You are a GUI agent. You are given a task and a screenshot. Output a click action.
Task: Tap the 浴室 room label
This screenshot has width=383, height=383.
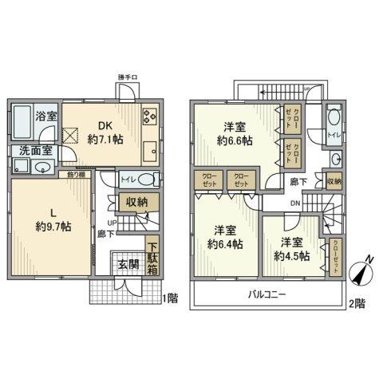point(45,116)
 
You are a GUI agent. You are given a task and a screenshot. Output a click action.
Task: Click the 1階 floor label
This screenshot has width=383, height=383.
point(169,298)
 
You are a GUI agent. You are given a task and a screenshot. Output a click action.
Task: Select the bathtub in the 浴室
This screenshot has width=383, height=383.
point(22,117)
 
